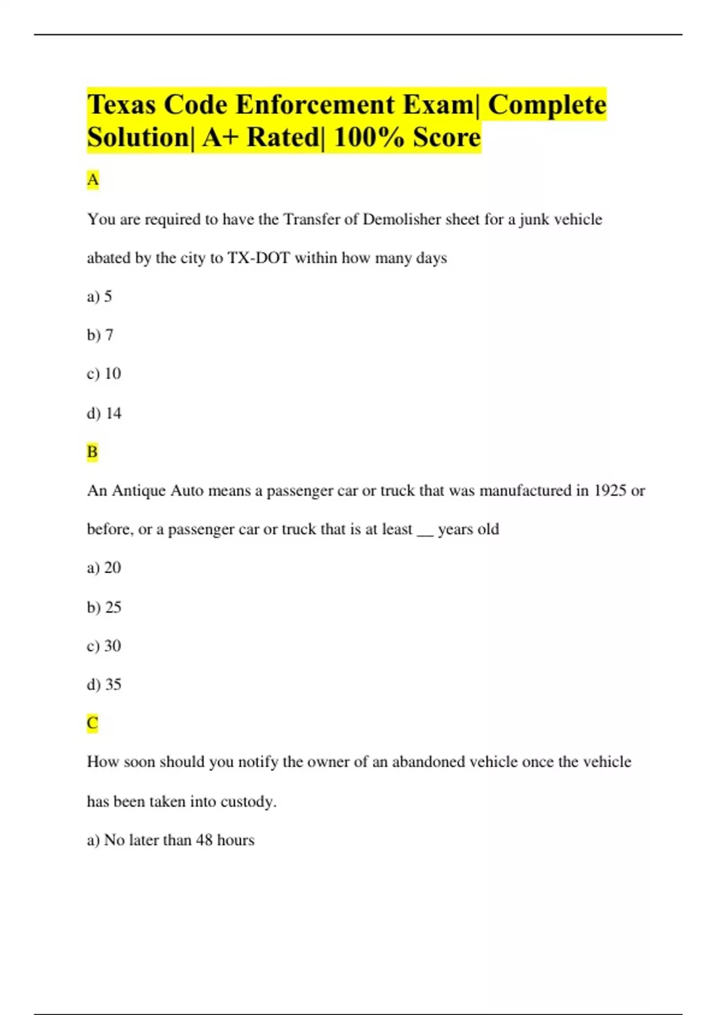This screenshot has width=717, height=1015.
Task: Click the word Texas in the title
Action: click(122, 105)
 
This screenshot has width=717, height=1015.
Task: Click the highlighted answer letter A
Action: click(93, 180)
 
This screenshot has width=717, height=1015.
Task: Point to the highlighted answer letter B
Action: click(92, 452)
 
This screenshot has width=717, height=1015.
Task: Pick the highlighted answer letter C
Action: click(92, 723)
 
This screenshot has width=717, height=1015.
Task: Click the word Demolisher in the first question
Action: click(402, 220)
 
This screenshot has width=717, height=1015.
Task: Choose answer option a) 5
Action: click(100, 297)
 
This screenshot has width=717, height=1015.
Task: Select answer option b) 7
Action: click(100, 335)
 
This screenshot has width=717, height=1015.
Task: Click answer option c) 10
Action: click(104, 374)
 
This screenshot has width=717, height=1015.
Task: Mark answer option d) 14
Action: click(104, 413)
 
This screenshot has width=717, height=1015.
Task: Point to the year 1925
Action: click(609, 491)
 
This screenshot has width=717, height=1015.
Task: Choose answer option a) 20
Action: click(104, 568)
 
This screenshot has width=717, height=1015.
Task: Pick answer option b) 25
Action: click(104, 607)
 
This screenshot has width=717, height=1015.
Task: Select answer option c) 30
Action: click(104, 646)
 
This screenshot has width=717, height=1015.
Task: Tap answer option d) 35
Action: click(104, 684)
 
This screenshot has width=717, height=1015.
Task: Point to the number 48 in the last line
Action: click(204, 840)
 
